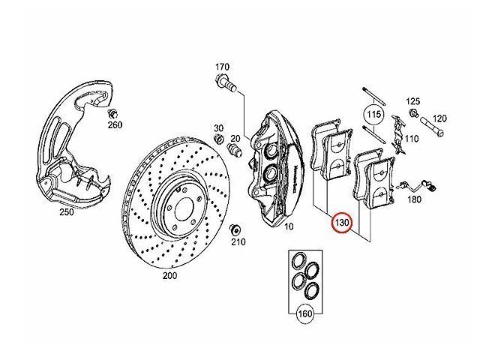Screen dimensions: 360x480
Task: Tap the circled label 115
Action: click(x=374, y=115)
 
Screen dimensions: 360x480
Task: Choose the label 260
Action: click(x=114, y=125)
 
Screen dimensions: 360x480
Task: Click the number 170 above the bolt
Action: click(x=222, y=67)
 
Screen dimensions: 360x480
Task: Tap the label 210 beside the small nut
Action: click(x=239, y=243)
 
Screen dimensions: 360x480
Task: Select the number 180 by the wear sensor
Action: click(x=414, y=201)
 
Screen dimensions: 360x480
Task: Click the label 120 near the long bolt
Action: click(x=439, y=118)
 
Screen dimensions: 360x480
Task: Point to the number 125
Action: click(x=414, y=100)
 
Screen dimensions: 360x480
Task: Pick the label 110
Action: click(x=412, y=139)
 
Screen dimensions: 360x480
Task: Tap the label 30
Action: click(x=219, y=127)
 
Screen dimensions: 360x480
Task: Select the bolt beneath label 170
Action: click(x=228, y=90)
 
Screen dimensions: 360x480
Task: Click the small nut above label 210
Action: click(x=235, y=229)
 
